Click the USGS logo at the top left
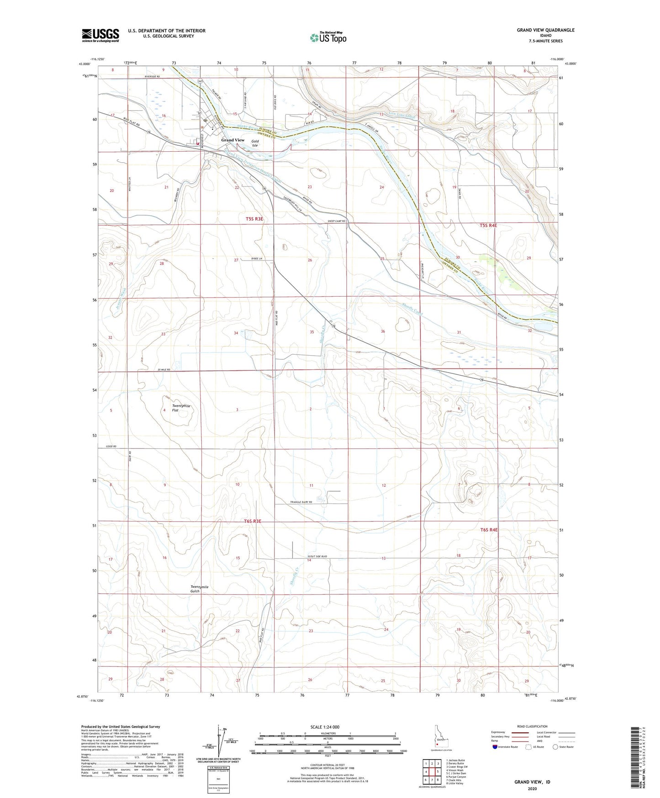(100, 35)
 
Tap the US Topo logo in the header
(327, 38)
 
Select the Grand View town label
(233, 140)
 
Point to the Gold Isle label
(255, 144)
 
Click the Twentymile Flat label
(181, 408)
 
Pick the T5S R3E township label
(254, 219)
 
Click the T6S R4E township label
(489, 530)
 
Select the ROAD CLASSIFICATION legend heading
(533, 726)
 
